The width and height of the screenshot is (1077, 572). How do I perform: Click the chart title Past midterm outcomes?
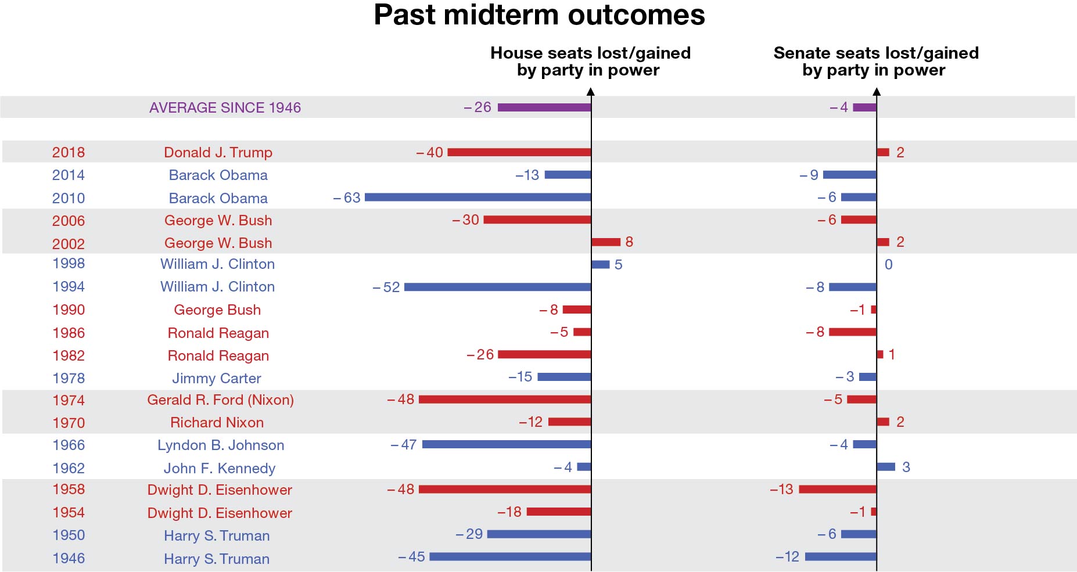tap(538, 15)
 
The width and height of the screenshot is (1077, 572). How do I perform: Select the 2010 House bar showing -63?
tap(478, 197)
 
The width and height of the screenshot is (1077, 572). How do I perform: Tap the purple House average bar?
tap(544, 107)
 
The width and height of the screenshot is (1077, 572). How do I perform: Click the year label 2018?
tap(69, 153)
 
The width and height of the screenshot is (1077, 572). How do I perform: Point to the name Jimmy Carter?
tap(217, 379)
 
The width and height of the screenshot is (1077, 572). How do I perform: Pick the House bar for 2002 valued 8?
tap(606, 242)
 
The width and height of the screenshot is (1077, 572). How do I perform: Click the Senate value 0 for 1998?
tap(888, 265)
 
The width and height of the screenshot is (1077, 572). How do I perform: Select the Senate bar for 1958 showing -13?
tap(838, 490)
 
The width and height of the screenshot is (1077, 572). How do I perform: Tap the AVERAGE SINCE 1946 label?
tap(225, 108)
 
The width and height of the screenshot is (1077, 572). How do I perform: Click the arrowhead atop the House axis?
tap(591, 92)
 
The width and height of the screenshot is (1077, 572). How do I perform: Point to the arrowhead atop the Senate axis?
tap(877, 92)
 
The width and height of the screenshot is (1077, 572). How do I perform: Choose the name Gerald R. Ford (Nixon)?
tap(220, 400)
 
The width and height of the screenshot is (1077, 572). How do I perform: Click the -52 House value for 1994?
tap(387, 287)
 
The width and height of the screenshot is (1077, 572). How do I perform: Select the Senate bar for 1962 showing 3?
tap(886, 467)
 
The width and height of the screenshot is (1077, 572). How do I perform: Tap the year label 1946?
tap(69, 559)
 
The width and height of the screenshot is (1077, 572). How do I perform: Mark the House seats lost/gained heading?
tap(590, 62)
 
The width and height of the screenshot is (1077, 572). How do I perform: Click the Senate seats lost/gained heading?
tap(875, 62)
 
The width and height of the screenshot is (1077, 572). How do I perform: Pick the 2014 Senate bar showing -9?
tap(850, 175)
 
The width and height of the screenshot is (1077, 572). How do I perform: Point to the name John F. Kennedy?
tap(219, 469)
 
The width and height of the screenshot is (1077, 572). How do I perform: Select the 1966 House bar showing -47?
tap(507, 445)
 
